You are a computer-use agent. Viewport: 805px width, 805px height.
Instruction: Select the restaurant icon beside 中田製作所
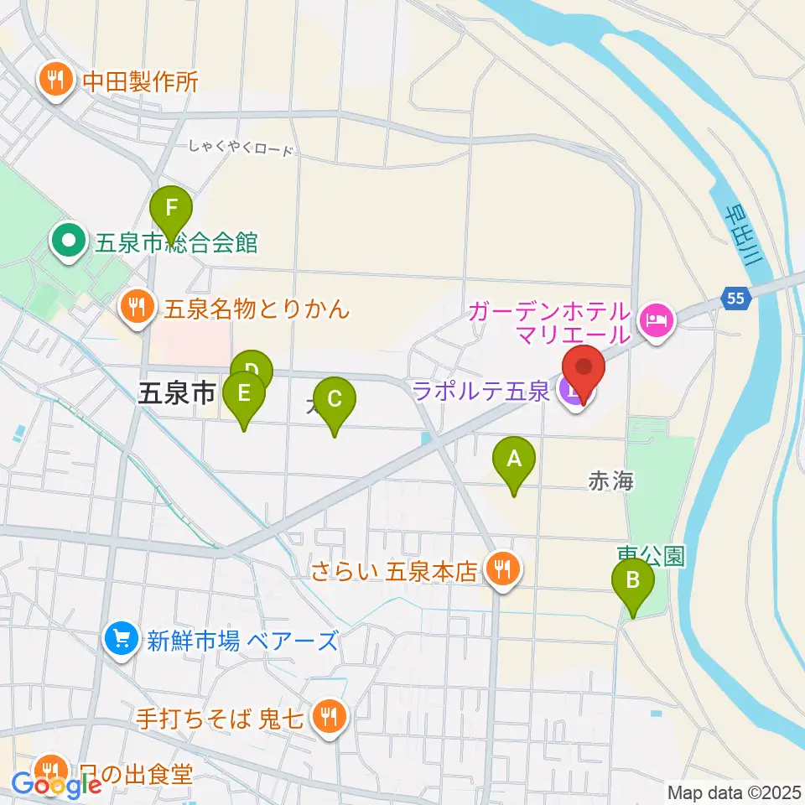tap(57, 80)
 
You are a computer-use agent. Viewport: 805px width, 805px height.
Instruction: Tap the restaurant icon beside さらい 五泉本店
tap(503, 571)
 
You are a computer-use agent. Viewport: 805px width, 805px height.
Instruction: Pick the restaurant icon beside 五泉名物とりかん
tap(137, 308)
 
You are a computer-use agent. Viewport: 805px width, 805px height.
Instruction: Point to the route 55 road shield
tap(735, 297)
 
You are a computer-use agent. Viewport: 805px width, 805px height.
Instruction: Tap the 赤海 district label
tap(610, 480)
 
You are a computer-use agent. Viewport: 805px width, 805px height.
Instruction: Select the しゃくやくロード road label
tap(241, 149)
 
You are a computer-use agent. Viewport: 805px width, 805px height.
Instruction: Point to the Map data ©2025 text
tap(734, 792)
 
